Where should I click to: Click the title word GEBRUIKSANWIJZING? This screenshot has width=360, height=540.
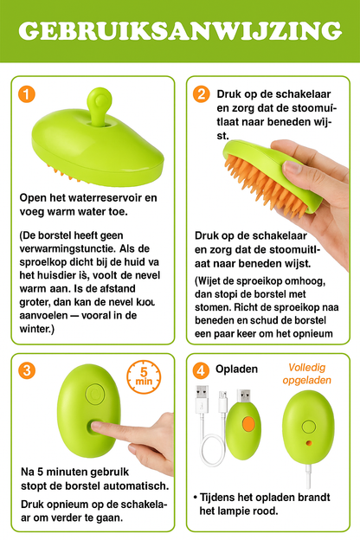click(179, 32)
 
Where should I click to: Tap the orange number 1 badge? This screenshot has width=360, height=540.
click(29, 94)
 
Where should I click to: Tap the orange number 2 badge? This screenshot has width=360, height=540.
click(202, 94)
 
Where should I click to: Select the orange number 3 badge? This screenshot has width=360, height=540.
click(29, 370)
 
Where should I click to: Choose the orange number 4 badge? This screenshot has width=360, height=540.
click(202, 370)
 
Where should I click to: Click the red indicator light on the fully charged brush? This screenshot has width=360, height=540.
click(307, 440)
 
